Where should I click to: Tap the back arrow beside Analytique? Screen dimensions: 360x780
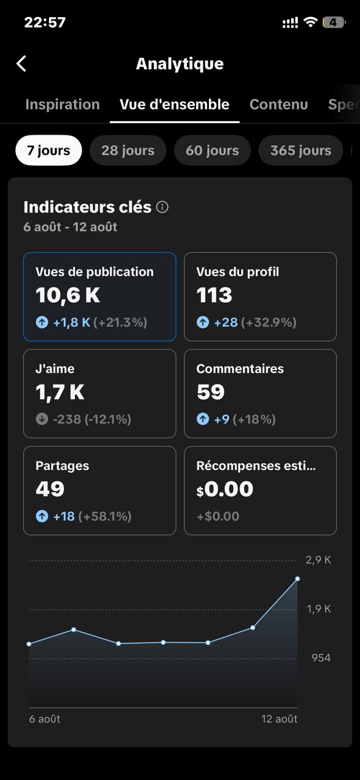pyautogui.click(x=21, y=64)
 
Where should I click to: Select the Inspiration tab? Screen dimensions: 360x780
pyautogui.click(x=63, y=104)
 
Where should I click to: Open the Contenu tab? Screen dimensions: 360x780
pyautogui.click(x=278, y=104)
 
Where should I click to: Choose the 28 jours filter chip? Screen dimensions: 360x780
pyautogui.click(x=128, y=151)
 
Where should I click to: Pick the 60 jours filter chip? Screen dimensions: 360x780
pyautogui.click(x=213, y=151)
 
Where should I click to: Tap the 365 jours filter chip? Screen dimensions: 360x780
pyautogui.click(x=301, y=151)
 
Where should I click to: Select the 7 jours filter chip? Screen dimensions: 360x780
pyautogui.click(x=49, y=151)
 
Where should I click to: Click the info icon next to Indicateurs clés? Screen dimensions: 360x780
pyautogui.click(x=162, y=207)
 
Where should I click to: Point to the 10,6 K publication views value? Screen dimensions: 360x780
pyautogui.click(x=68, y=296)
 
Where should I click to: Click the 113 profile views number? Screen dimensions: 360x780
pyautogui.click(x=214, y=295)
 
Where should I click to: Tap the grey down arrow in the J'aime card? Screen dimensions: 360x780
pyautogui.click(x=42, y=419)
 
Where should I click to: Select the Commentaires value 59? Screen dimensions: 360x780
pyautogui.click(x=211, y=392)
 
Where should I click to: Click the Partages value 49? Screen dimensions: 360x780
pyautogui.click(x=50, y=489)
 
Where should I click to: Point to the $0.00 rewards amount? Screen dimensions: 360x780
pyautogui.click(x=225, y=489)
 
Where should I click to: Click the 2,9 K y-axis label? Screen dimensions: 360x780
pyautogui.click(x=318, y=560)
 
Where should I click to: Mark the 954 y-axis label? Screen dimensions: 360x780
pyautogui.click(x=321, y=658)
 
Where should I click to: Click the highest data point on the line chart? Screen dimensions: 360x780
pyautogui.click(x=297, y=579)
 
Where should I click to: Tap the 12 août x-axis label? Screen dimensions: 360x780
pyautogui.click(x=279, y=719)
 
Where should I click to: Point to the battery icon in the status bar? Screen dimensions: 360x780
pyautogui.click(x=334, y=23)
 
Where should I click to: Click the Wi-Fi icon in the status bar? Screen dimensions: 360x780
pyautogui.click(x=310, y=22)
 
